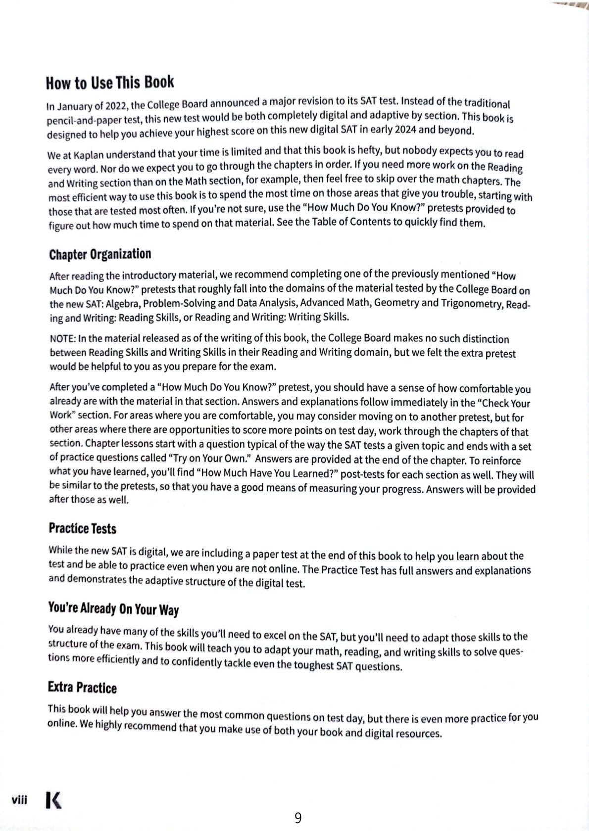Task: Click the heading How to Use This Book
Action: (x=110, y=83)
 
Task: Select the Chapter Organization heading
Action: (x=100, y=255)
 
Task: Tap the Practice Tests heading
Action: (x=82, y=529)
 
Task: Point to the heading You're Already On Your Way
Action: (x=113, y=608)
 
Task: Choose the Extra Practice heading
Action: (x=82, y=688)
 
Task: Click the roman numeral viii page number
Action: (x=19, y=799)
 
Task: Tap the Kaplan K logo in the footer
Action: (x=53, y=800)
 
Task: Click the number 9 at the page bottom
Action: (x=297, y=818)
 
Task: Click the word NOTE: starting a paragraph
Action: (x=63, y=339)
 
